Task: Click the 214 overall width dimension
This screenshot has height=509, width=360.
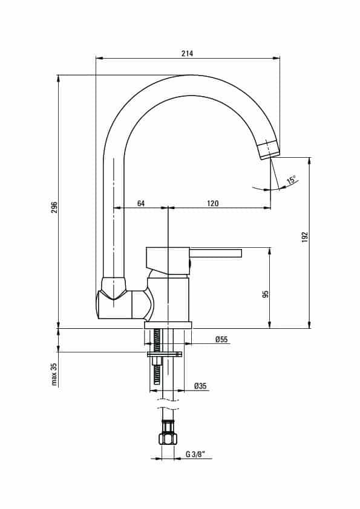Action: [187, 53]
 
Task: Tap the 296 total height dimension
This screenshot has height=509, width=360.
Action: [54, 207]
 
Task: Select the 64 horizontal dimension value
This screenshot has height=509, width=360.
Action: [141, 203]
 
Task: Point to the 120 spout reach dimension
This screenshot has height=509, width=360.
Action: [213, 203]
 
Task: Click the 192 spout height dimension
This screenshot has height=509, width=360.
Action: [304, 238]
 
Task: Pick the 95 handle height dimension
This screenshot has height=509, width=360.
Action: [266, 294]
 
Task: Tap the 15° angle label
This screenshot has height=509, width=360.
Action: [291, 180]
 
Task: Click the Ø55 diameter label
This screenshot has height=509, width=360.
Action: [221, 340]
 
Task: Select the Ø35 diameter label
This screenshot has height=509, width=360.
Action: [200, 386]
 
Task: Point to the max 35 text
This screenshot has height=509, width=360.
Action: [54, 374]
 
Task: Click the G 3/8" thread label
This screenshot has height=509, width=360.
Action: [194, 455]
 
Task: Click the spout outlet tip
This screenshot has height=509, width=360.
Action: [269, 150]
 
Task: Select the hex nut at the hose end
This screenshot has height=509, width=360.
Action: [168, 439]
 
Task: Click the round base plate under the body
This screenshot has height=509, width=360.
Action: [168, 325]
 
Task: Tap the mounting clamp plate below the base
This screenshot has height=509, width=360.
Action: [165, 354]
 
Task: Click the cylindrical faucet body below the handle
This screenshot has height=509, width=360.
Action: [169, 299]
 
